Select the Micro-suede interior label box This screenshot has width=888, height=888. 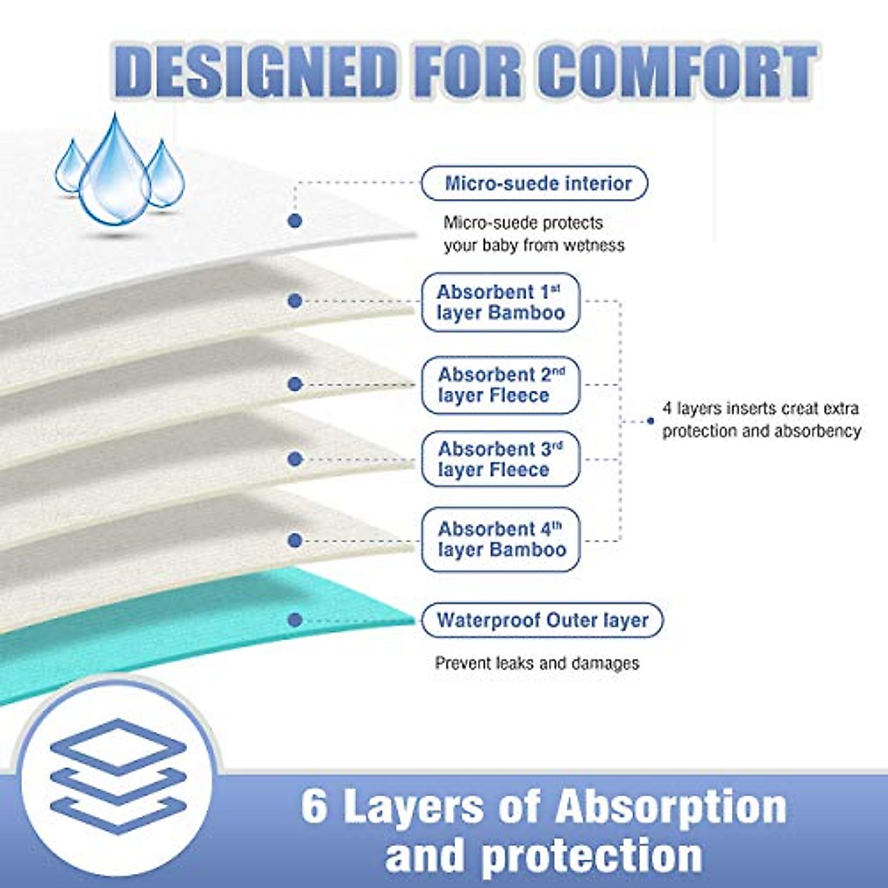pyautogui.click(x=534, y=184)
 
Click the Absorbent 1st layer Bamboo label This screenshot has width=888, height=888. pyautogui.click(x=500, y=302)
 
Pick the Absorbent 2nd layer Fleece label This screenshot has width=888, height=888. pyautogui.click(x=500, y=385)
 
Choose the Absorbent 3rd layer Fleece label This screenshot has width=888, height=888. pyautogui.click(x=500, y=459)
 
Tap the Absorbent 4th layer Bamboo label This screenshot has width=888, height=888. pyautogui.click(x=500, y=539)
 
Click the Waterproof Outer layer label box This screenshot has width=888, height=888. pyautogui.click(x=542, y=620)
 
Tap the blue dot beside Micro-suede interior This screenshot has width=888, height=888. pyautogui.click(x=295, y=221)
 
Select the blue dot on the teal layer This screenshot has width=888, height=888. pyautogui.click(x=295, y=620)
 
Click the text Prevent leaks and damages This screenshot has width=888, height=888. pyautogui.click(x=536, y=663)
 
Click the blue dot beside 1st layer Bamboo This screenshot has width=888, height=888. pyautogui.click(x=295, y=300)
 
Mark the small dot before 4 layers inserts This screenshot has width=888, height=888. pyautogui.click(x=650, y=420)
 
